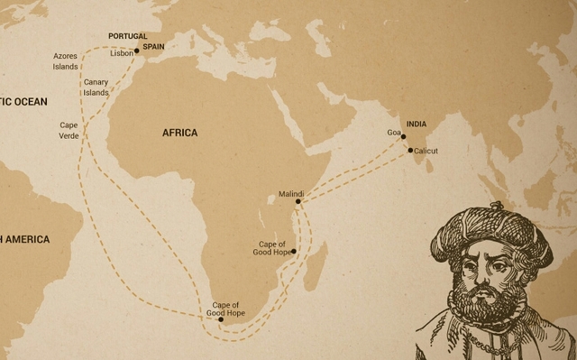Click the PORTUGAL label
(x=127, y=36)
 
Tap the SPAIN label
(x=153, y=46)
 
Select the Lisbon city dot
(x=137, y=51)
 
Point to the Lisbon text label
(x=121, y=53)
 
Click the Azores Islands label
(x=66, y=60)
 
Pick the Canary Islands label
(x=96, y=88)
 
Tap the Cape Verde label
(x=69, y=130)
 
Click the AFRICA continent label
(x=179, y=133)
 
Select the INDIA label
(x=417, y=124)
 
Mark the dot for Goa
(x=404, y=137)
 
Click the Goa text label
(x=393, y=133)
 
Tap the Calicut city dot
(x=411, y=151)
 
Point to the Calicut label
(x=426, y=151)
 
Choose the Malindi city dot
(x=298, y=202)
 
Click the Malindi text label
(x=291, y=194)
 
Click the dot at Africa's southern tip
(x=221, y=319)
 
